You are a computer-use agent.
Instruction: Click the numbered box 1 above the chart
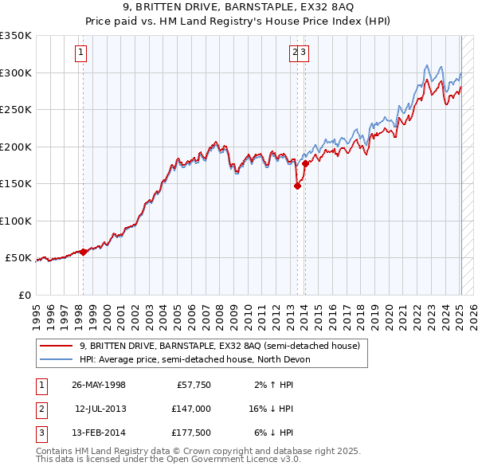point(82,53)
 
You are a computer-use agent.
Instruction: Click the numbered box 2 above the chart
point(295,53)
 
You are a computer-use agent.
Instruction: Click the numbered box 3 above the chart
point(304,53)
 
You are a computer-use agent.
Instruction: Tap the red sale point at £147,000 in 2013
point(297,186)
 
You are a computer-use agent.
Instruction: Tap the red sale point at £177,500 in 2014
point(305,163)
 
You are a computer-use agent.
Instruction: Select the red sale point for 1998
point(84,252)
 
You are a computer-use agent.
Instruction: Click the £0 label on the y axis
point(23,295)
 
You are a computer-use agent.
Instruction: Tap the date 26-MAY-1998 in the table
point(99,385)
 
